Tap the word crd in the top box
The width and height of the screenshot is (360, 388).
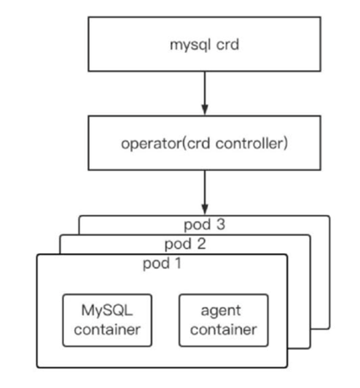(228, 45)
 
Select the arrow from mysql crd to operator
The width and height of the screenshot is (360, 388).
(205, 93)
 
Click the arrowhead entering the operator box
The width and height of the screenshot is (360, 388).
(205, 110)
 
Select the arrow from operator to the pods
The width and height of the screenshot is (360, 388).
(205, 193)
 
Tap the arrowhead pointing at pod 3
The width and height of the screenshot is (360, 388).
(205, 209)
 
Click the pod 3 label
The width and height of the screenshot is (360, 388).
(205, 225)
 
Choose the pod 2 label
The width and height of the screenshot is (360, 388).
(186, 244)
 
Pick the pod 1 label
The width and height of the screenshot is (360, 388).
(162, 264)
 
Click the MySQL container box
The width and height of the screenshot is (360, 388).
(107, 320)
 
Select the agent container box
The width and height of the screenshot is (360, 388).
(224, 320)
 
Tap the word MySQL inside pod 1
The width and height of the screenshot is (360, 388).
(107, 310)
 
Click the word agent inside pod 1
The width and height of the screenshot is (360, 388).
(221, 311)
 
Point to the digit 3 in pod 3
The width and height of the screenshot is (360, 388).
(221, 225)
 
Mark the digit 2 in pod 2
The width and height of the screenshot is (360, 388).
(201, 244)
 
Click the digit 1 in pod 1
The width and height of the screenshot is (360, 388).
(178, 263)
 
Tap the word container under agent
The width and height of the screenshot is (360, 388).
(224, 329)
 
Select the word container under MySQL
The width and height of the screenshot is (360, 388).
(107, 329)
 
